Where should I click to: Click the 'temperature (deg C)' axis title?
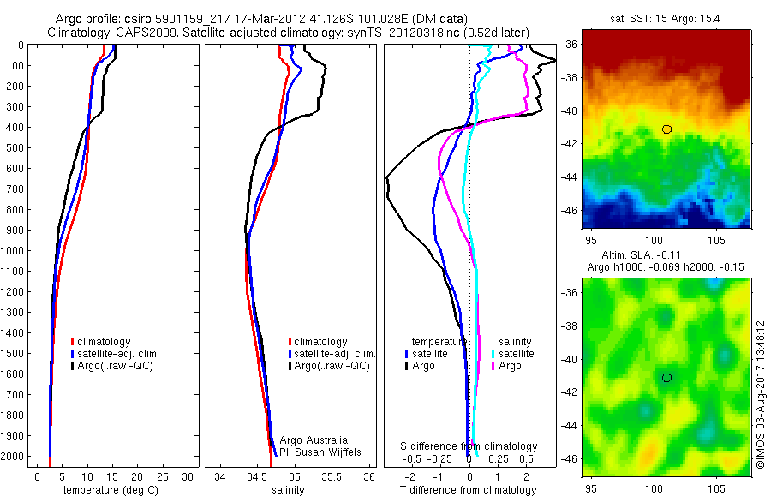point(109,490)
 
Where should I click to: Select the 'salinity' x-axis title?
point(289,490)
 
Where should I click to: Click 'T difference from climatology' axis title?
point(469,490)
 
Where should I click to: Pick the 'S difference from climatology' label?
point(469,446)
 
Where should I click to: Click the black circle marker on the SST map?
point(666,129)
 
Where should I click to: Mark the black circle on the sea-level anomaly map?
point(666,377)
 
